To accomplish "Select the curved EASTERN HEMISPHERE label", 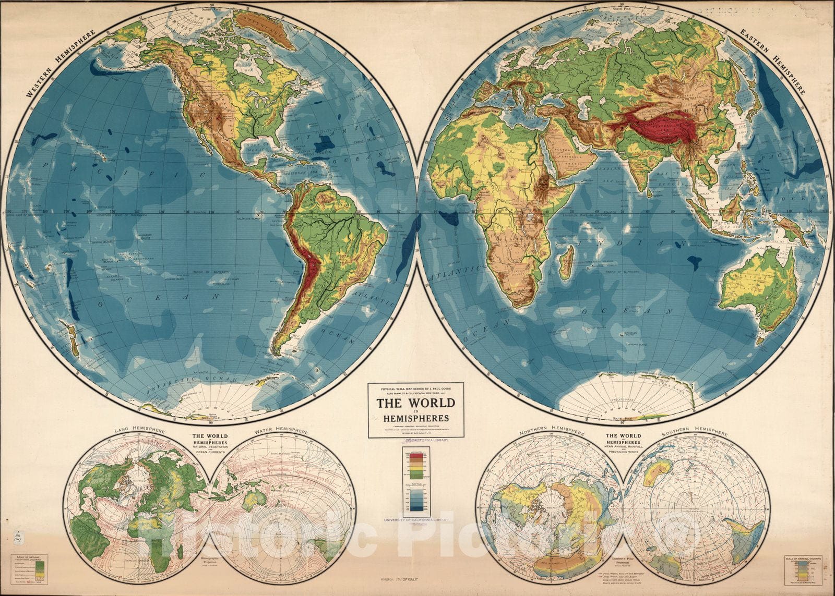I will pos(773,59).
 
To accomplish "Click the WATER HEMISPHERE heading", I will pos(281,431).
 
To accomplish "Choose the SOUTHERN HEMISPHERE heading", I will pos(694,433).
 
